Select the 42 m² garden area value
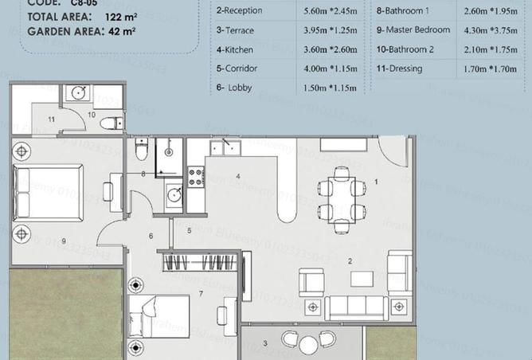click(x=119, y=32)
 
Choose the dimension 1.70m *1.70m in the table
click(x=491, y=69)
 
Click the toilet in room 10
click(x=114, y=121)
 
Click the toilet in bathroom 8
click(x=141, y=150)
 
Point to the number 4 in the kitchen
click(x=237, y=176)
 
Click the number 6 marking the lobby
click(x=150, y=236)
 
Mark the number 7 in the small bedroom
click(x=201, y=294)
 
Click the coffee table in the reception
click(x=362, y=279)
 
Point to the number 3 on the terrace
click(x=264, y=343)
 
